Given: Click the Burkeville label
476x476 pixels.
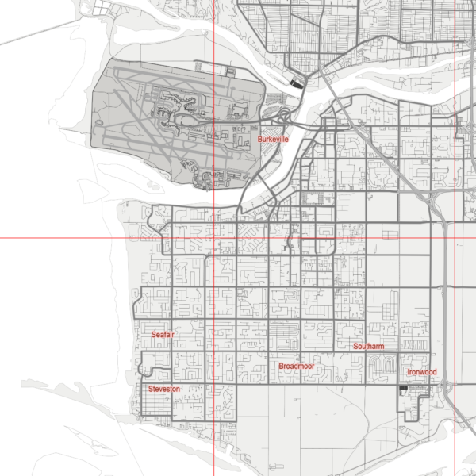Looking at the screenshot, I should coord(273,140).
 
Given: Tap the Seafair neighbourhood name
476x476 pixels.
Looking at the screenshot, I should coord(163,335).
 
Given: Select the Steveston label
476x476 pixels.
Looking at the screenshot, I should coord(164,389).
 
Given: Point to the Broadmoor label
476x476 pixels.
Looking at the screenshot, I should coord(297,367).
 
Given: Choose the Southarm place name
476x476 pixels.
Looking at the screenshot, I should coord(369,347).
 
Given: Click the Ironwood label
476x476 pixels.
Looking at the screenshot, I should coord(421,372).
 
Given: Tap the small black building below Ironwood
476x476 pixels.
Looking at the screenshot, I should coord(405,388).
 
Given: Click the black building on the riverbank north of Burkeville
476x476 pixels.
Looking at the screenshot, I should coord(297,81).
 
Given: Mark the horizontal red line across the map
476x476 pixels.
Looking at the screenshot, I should coord(79,237).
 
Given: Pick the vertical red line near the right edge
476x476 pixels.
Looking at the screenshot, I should coord(455,317).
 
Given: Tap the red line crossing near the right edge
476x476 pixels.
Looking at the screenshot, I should coord(455,237).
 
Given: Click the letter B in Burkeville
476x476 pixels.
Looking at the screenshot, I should coord(260,140).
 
